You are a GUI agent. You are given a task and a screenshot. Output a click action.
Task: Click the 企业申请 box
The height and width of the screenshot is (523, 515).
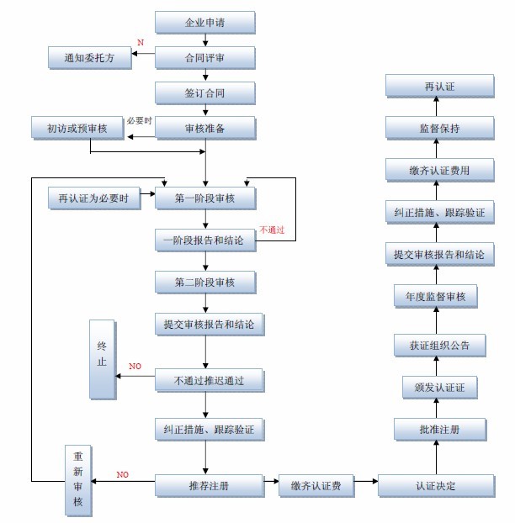click(x=204, y=22)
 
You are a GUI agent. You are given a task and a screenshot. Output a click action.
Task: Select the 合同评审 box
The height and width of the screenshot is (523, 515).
click(x=204, y=57)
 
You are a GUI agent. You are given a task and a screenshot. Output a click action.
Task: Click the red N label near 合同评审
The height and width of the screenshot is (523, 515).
click(x=141, y=42)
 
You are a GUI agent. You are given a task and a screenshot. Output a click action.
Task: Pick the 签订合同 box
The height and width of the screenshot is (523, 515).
click(x=204, y=92)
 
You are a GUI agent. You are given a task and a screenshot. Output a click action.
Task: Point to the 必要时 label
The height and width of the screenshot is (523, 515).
click(x=139, y=121)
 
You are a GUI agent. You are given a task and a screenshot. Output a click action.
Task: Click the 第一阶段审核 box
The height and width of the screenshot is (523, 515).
click(x=204, y=198)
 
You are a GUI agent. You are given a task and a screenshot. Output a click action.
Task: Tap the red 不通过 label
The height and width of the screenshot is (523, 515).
click(x=273, y=229)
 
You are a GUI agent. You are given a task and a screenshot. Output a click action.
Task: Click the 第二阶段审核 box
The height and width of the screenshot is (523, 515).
click(x=204, y=282)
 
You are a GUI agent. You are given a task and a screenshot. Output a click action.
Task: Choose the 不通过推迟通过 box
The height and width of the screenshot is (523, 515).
click(x=209, y=380)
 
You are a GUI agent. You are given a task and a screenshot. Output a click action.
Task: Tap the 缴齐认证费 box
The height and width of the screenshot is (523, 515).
click(x=316, y=485)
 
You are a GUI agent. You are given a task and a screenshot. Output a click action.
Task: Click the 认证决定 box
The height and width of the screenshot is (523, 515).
click(x=435, y=485)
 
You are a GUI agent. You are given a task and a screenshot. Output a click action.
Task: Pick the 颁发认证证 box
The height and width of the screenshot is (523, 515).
click(x=435, y=387)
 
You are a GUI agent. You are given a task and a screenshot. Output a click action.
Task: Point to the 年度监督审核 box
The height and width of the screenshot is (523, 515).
click(x=435, y=296)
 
